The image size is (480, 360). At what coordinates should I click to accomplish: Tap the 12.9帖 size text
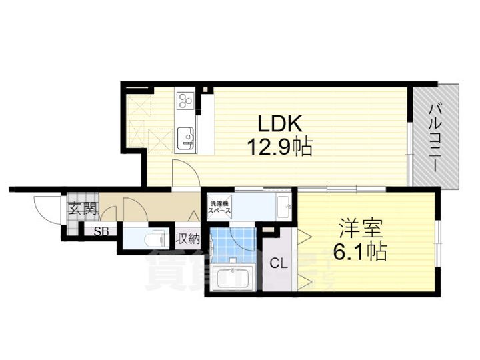pyautogui.click(x=280, y=146)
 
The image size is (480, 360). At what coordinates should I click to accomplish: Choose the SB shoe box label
pyautogui.click(x=101, y=231)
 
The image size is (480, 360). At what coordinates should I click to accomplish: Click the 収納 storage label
pyautogui.click(x=187, y=237)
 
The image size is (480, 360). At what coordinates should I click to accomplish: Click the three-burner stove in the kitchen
pyautogui.click(x=186, y=101)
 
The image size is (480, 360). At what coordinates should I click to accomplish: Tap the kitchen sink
pyautogui.click(x=186, y=138)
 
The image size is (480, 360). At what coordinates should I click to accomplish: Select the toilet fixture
pyautogui.click(x=155, y=237)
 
